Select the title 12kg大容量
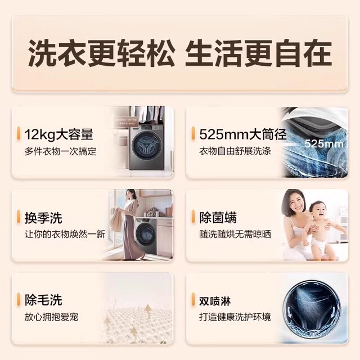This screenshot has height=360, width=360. pos(58,134)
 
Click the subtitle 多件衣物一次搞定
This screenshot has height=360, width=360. pos(60,151)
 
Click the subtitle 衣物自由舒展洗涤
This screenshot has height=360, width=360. pos(235,151)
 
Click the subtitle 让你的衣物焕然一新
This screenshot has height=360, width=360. pos(65,235)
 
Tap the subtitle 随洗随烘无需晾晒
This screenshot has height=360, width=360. pos(235,235)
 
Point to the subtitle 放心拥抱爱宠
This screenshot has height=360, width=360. pos(51,317)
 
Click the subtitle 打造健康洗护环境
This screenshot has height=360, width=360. pos(235,317)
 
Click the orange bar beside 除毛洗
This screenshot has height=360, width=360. pos(20,300)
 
